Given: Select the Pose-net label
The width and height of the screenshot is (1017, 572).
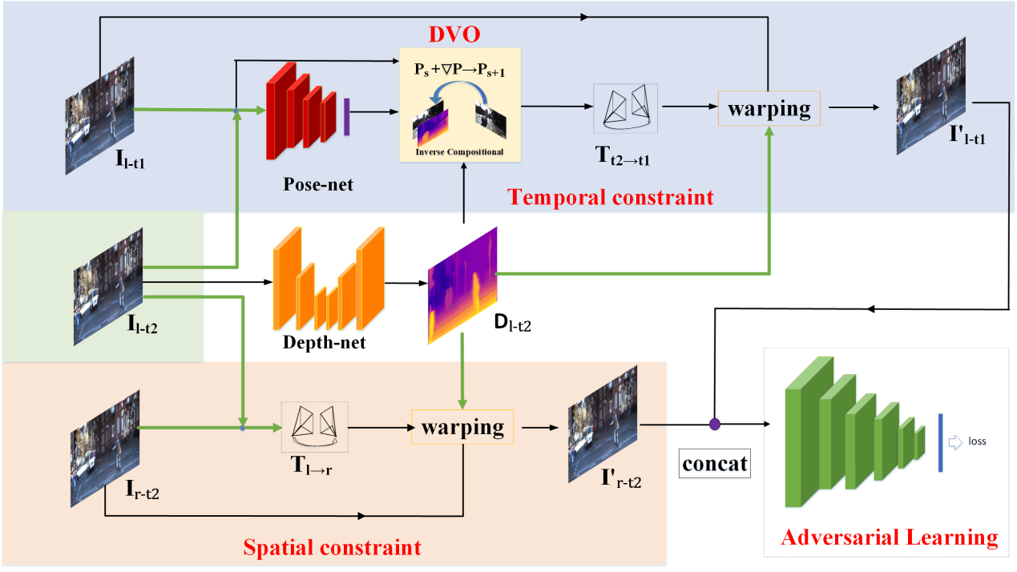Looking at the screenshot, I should pyautogui.click(x=317, y=185).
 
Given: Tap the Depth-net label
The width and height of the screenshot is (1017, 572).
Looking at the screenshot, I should pyautogui.click(x=324, y=343).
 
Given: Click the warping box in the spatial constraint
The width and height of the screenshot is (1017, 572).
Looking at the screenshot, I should pyautogui.click(x=462, y=427).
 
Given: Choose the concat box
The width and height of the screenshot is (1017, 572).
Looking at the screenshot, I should pyautogui.click(x=715, y=463).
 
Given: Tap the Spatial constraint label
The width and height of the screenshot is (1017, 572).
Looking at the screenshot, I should pyautogui.click(x=332, y=548).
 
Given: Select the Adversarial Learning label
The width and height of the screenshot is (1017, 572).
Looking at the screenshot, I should pyautogui.click(x=890, y=538).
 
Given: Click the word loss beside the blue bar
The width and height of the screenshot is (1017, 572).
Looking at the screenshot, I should pyautogui.click(x=977, y=441).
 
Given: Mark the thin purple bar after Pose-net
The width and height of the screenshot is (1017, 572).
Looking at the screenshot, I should pyautogui.click(x=347, y=115).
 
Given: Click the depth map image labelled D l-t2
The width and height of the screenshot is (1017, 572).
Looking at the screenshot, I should pyautogui.click(x=462, y=284).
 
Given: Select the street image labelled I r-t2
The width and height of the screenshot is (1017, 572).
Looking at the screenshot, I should pyautogui.click(x=105, y=437).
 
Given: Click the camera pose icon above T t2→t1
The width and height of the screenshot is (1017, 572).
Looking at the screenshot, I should pyautogui.click(x=625, y=107).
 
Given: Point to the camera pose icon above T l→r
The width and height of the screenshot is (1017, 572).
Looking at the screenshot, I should pyautogui.click(x=314, y=425).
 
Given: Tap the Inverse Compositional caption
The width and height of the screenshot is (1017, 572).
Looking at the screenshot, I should pyautogui.click(x=459, y=151).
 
